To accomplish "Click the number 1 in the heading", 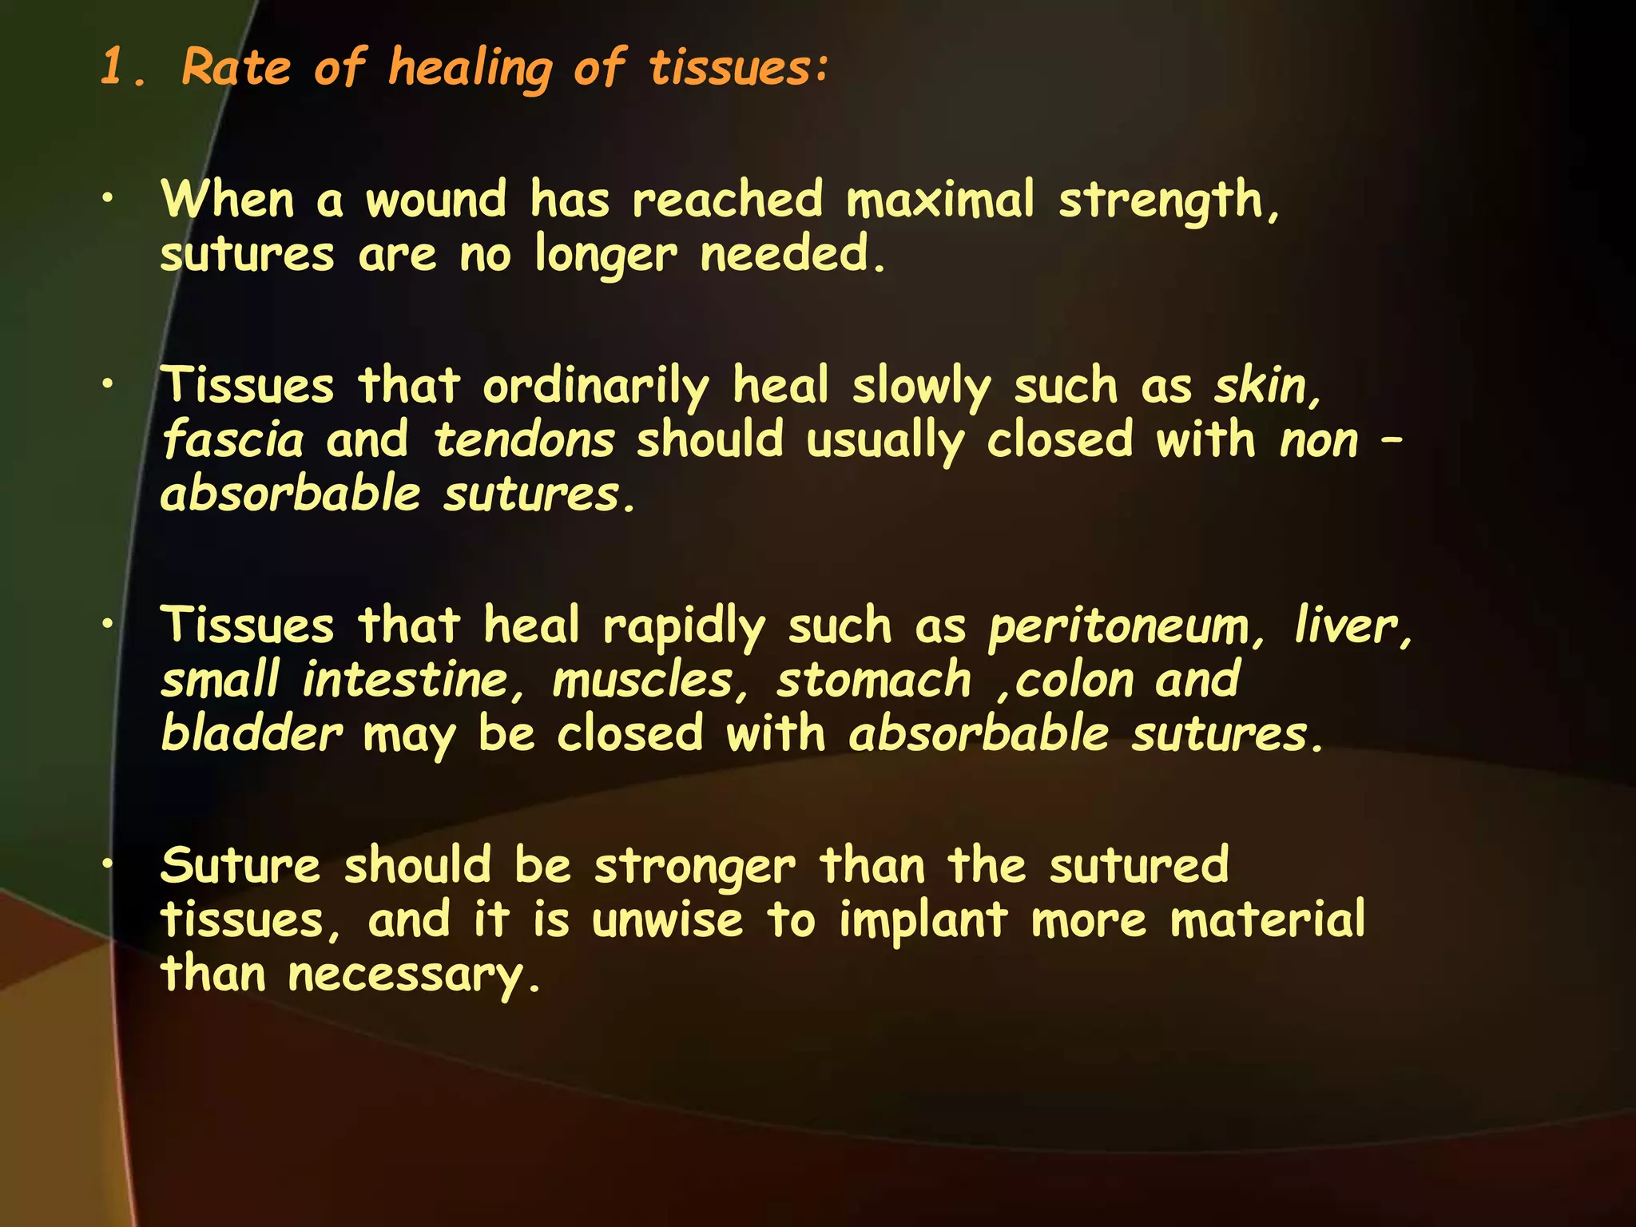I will [x=113, y=66].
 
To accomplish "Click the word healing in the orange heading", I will [x=470, y=68].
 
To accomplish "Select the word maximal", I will [x=940, y=199].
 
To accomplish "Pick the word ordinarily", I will [x=596, y=387].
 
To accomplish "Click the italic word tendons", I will [x=524, y=440].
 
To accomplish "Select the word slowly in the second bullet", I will [x=921, y=387].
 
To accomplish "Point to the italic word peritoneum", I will [x=1118, y=627].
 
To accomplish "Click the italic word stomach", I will [x=874, y=681].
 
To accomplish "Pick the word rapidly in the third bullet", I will [x=684, y=627].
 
